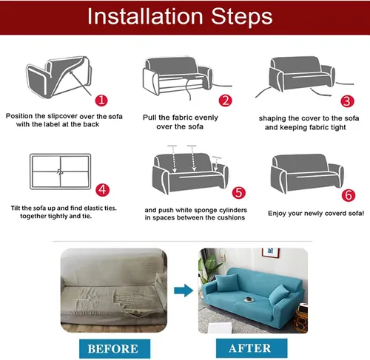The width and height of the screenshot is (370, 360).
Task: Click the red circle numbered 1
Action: [101, 101]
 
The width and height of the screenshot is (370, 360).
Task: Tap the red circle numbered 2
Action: [226, 101]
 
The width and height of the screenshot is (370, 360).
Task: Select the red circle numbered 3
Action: [347, 101]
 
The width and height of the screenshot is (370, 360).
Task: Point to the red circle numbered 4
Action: [102, 190]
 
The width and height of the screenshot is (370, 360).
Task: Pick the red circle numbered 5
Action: [239, 193]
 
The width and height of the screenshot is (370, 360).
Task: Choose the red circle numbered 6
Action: [349, 195]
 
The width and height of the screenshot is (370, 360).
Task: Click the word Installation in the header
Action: [145, 16]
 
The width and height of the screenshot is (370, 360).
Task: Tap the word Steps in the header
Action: [242, 17]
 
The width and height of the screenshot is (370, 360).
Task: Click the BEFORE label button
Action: [115, 349]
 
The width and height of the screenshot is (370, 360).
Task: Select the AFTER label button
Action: [252, 348]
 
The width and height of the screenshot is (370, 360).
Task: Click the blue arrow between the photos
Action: [184, 291]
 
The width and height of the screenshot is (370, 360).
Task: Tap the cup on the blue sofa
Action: [249, 299]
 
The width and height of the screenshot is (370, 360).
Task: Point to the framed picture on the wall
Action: [271, 253]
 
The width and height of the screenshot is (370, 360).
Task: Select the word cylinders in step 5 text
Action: [233, 210]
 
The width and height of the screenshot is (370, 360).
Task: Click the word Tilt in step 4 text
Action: [16, 208]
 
